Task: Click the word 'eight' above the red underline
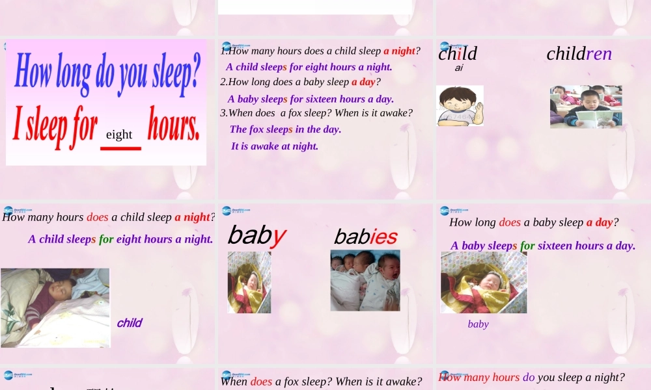click(119, 135)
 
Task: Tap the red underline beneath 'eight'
click(120, 148)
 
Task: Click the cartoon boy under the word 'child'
click(460, 105)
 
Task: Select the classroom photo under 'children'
click(585, 107)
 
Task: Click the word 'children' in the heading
click(579, 53)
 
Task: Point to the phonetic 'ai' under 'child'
click(459, 68)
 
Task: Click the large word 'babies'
click(365, 237)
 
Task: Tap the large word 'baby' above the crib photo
click(256, 235)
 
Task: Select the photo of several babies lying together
click(365, 280)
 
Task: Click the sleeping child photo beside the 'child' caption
click(55, 307)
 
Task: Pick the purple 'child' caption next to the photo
click(129, 323)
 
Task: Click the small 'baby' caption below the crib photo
click(478, 324)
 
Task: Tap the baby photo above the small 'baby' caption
click(484, 283)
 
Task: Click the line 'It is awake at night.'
click(275, 146)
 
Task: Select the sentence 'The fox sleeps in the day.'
click(285, 129)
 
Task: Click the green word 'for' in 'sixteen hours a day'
click(527, 246)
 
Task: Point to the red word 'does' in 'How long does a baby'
click(510, 222)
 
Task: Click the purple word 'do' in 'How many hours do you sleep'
click(529, 377)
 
